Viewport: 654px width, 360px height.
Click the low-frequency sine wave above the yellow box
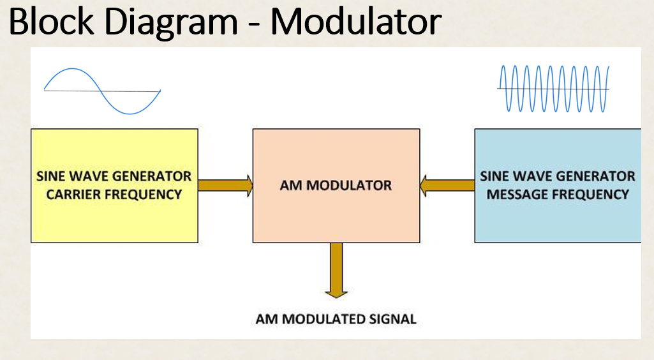[x=102, y=91]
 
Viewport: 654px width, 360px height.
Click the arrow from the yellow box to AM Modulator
[x=225, y=186]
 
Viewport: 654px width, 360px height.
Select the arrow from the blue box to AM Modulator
[x=447, y=186]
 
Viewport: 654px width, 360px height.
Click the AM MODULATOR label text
[x=336, y=186]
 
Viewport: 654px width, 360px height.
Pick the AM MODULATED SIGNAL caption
[x=336, y=319]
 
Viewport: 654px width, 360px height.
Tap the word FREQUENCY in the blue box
[x=591, y=194]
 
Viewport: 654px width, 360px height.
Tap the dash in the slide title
[x=253, y=24]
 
